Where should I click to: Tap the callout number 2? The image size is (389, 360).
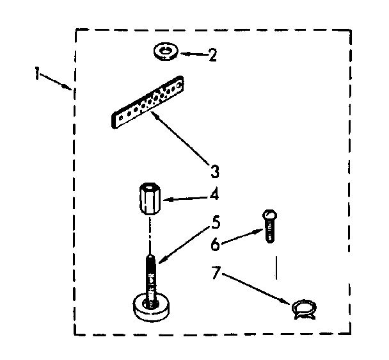(x=212, y=54)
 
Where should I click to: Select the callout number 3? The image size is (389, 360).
(x=215, y=172)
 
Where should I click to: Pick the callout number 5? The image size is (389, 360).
(x=216, y=224)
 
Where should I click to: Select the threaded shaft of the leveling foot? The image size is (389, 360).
(x=151, y=272)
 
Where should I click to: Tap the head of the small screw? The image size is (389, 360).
(x=269, y=216)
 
